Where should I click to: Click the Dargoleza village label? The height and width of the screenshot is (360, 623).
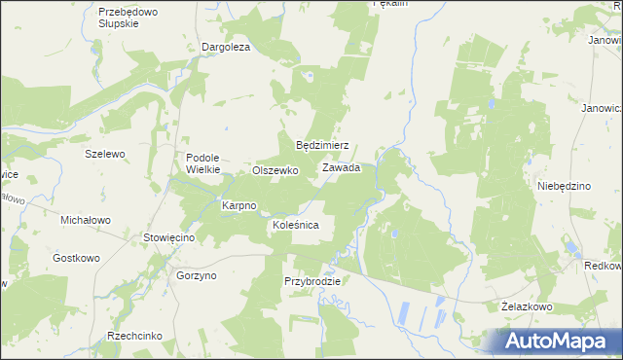click(226, 47)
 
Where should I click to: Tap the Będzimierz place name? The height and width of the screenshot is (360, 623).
click(322, 145)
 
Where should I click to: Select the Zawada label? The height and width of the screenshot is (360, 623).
click(342, 167)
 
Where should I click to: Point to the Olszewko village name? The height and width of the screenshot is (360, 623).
click(275, 169)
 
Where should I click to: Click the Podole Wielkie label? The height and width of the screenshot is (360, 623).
click(204, 162)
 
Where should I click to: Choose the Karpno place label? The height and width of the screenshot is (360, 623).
click(238, 205)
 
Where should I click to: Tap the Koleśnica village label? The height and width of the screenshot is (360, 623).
click(296, 225)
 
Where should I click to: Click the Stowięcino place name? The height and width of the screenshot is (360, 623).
click(170, 237)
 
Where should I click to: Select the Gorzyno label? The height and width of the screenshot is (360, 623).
click(197, 275)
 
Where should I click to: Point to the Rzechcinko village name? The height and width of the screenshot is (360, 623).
click(135, 336)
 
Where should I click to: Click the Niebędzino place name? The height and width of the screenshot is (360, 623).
click(565, 185)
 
